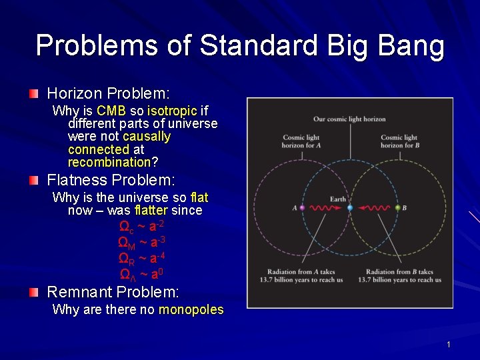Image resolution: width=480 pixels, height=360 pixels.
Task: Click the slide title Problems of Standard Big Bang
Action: click(240, 46)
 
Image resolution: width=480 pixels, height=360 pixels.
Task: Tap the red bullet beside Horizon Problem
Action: click(35, 93)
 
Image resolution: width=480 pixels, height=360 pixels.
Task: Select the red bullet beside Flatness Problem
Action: click(35, 180)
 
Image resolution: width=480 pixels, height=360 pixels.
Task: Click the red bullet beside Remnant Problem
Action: click(35, 292)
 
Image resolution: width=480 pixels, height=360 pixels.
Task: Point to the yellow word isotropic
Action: click(171, 111)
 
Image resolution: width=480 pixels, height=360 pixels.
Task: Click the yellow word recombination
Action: click(109, 162)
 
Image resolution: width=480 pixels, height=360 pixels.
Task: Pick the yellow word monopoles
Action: click(191, 309)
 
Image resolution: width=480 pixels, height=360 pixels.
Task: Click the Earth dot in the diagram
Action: click(349, 208)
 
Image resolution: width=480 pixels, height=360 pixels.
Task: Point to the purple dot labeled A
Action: click(302, 208)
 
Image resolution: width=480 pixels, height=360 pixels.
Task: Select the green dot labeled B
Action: click(397, 208)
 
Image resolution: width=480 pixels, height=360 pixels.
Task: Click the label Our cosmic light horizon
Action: click(349, 119)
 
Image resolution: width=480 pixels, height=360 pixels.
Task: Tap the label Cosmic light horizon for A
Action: click(301, 141)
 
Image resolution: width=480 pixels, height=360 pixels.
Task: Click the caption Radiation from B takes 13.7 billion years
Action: click(399, 275)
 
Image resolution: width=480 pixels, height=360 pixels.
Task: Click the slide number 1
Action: click(449, 345)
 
